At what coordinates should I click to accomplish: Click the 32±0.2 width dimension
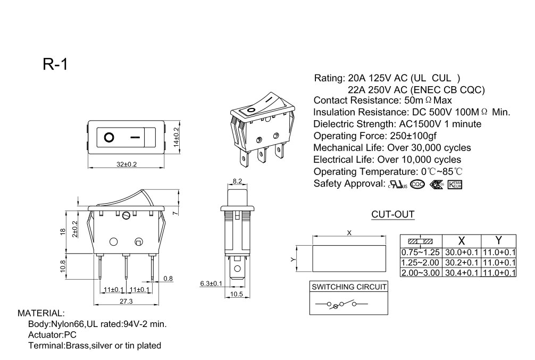(127, 164)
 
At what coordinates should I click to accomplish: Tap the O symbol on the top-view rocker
(109, 137)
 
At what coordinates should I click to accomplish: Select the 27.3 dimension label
(126, 302)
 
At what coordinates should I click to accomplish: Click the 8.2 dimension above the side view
(237, 181)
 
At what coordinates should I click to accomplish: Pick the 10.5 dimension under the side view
(237, 294)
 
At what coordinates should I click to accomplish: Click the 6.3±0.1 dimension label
(211, 284)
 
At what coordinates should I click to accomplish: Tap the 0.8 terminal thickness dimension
(168, 278)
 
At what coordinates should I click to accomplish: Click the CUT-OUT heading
(392, 215)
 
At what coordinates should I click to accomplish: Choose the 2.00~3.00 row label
(421, 272)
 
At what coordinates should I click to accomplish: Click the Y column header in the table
(498, 240)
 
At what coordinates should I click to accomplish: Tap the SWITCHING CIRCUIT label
(349, 287)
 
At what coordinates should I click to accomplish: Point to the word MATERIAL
(41, 313)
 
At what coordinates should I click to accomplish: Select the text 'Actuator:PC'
(52, 334)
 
